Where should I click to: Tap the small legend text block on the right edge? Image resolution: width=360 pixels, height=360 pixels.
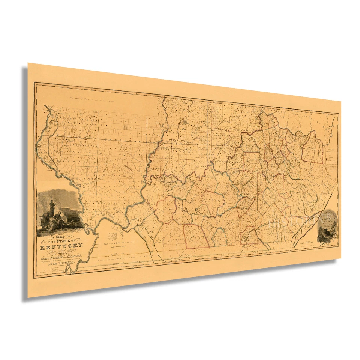pos(332,157)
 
